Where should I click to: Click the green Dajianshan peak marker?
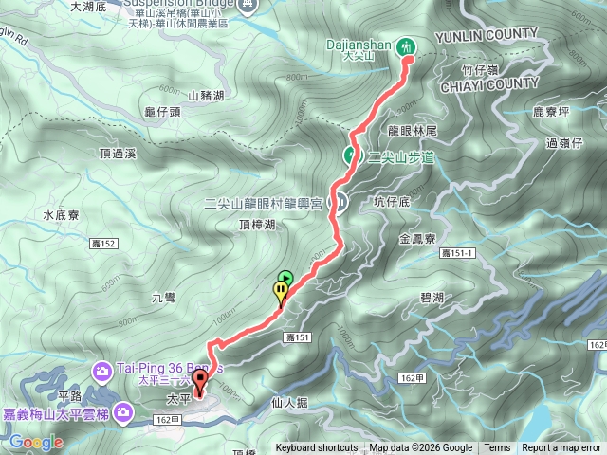407,45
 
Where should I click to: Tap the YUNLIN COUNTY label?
486,37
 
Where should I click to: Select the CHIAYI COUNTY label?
488,83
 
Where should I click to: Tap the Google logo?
36,442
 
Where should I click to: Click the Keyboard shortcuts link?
317,448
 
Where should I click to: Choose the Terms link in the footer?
497,448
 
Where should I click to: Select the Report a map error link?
561,448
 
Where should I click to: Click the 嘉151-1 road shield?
460,254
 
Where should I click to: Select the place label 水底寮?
61,215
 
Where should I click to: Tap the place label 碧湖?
432,297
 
